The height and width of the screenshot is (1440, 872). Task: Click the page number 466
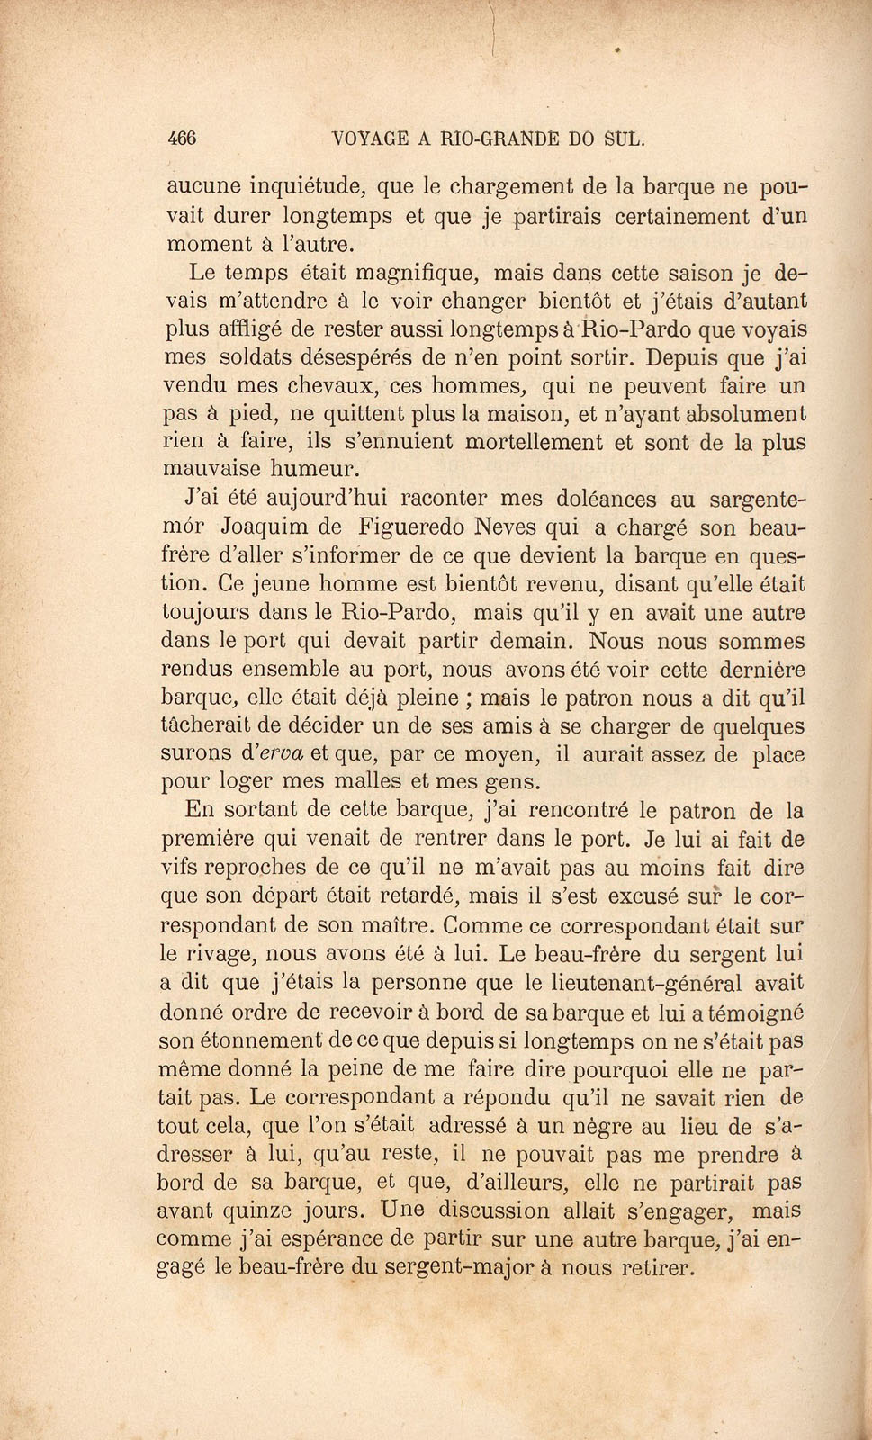point(182,139)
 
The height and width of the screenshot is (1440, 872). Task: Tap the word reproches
point(267,868)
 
